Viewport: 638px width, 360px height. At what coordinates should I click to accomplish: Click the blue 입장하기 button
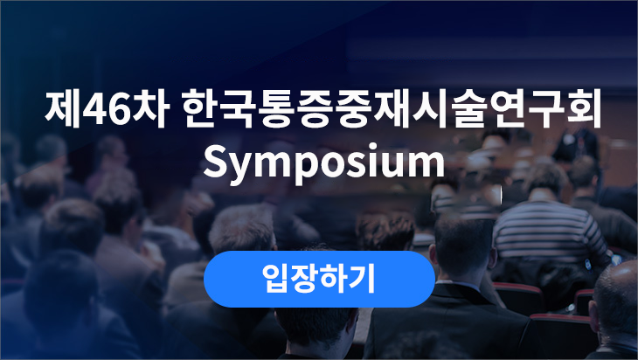tap(319, 279)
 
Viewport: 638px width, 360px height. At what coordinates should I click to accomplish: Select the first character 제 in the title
tap(63, 109)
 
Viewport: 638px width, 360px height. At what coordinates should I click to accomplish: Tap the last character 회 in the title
tap(583, 109)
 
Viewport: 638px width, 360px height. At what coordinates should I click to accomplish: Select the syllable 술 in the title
tap(468, 109)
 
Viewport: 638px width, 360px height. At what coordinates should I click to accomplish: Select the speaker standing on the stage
tap(578, 147)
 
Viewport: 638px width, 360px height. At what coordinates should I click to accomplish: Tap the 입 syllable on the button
tap(276, 279)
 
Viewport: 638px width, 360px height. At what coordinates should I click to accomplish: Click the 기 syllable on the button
tap(362, 279)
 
